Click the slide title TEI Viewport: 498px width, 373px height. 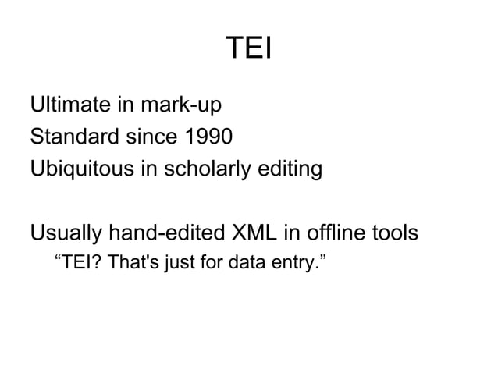[x=248, y=50]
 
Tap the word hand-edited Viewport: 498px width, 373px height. [x=165, y=233]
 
